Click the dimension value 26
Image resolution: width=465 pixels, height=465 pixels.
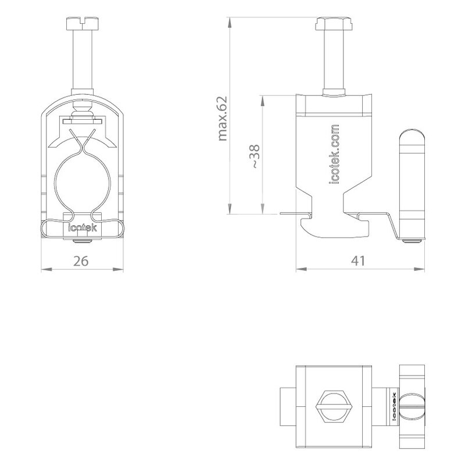[x=81, y=261]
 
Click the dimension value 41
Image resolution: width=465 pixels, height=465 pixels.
[x=358, y=260]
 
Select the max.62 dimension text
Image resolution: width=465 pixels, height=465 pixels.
[x=222, y=119]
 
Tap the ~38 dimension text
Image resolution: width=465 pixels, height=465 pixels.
[x=255, y=156]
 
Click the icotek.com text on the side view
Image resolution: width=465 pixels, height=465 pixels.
[x=335, y=154]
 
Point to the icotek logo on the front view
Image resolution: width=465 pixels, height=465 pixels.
[x=83, y=228]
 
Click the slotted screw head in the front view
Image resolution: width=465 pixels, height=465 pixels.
[x=82, y=23]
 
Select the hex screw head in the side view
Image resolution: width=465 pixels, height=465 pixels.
[x=334, y=23]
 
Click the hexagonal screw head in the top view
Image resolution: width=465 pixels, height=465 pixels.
[x=334, y=406]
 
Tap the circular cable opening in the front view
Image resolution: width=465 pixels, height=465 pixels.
[x=83, y=183]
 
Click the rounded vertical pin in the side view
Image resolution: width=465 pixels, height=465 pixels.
[x=412, y=183]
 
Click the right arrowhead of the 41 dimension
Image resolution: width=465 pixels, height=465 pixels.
[x=419, y=269]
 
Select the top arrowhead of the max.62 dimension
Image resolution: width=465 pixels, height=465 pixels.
[x=229, y=23]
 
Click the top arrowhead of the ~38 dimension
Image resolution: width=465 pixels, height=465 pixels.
[x=262, y=101]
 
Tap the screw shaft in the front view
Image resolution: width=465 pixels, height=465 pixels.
[x=82, y=59]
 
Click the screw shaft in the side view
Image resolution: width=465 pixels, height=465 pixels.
[x=334, y=59]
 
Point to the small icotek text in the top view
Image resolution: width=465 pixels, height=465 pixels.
[x=394, y=406]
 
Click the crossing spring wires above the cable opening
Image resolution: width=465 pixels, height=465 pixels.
[x=83, y=142]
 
